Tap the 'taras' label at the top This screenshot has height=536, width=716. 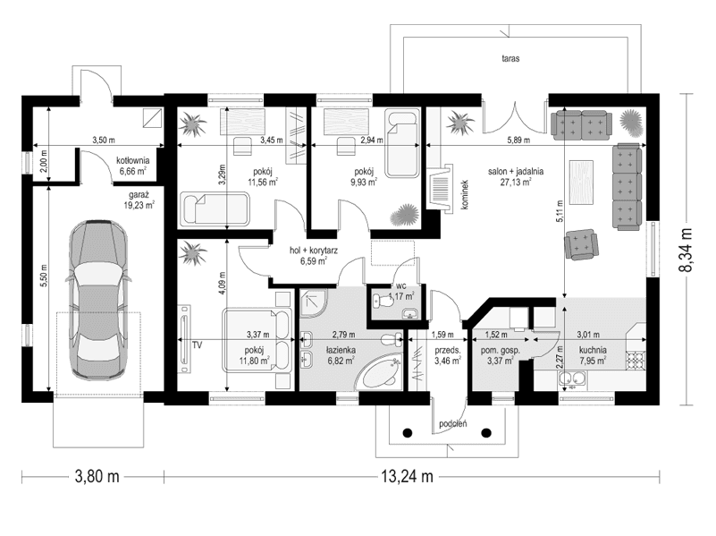(510, 57)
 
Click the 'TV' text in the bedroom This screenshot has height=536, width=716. (197, 343)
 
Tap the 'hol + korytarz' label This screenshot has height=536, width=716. (313, 251)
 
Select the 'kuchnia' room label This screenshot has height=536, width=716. (592, 351)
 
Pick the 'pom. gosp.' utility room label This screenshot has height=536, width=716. (501, 351)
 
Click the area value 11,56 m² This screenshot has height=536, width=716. (263, 182)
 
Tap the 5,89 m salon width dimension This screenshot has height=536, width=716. (515, 140)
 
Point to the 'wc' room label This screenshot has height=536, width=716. (401, 285)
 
